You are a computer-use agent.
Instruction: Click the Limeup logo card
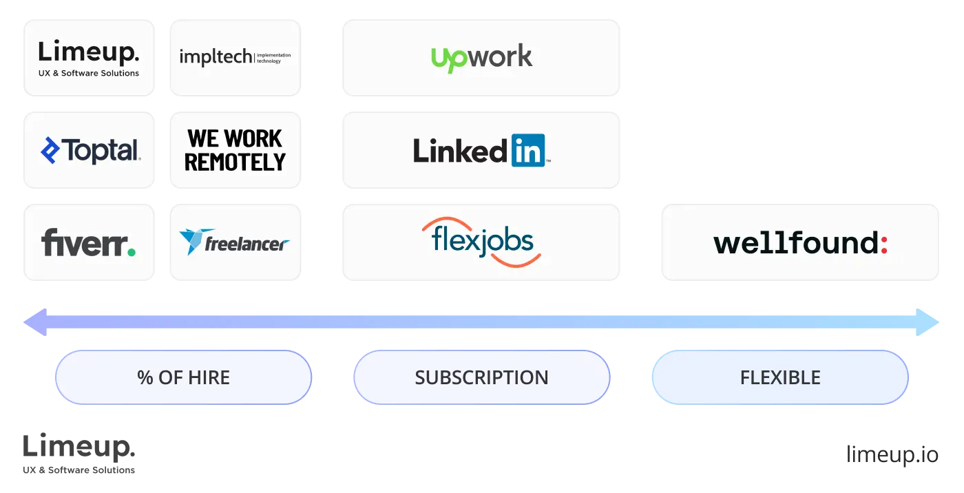click(x=90, y=58)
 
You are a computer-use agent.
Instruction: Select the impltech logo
click(x=234, y=57)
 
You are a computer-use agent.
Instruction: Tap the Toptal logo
click(x=90, y=150)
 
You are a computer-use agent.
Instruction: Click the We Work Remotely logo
click(x=234, y=150)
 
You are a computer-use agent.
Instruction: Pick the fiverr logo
click(x=89, y=242)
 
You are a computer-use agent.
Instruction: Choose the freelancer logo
click(x=234, y=242)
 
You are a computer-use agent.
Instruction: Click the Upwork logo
click(x=481, y=57)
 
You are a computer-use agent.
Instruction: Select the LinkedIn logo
click(x=481, y=150)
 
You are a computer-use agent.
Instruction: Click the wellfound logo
click(x=801, y=243)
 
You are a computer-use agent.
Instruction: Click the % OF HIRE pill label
click(x=183, y=377)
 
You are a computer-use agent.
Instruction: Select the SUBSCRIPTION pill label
click(x=481, y=377)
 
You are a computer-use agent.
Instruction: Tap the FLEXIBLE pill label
click(x=779, y=377)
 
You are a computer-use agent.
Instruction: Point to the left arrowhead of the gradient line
click(x=33, y=322)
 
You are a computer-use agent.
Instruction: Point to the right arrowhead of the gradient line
click(x=931, y=322)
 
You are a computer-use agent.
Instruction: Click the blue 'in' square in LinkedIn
click(x=528, y=150)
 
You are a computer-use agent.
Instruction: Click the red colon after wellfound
click(x=884, y=244)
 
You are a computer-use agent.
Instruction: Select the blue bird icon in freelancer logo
click(x=191, y=242)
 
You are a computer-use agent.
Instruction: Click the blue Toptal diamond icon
click(x=50, y=150)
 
